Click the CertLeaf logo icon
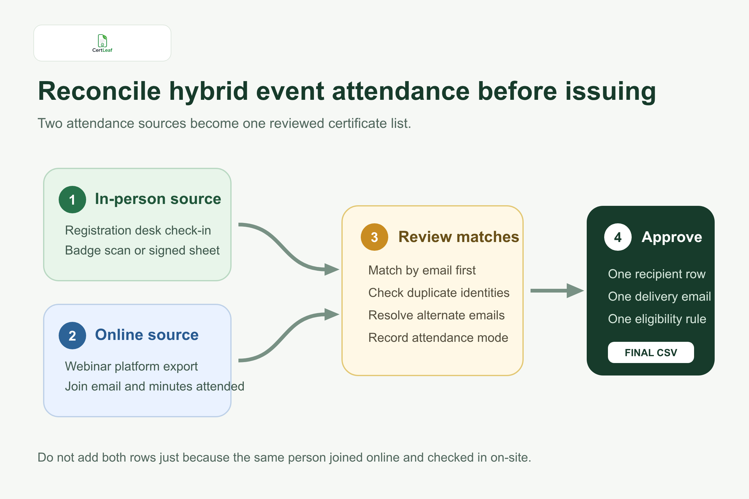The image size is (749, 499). (102, 41)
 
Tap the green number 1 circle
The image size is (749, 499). (72, 200)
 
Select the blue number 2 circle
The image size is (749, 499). (72, 336)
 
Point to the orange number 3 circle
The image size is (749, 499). (374, 237)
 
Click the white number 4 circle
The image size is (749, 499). (618, 237)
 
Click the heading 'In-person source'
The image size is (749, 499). (158, 199)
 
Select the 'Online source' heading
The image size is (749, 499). (147, 335)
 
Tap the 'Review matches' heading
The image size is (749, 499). (458, 237)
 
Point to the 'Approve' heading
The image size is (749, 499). (672, 237)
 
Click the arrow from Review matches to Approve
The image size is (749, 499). (557, 291)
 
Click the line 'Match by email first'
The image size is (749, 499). (422, 270)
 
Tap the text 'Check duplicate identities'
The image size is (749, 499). (439, 293)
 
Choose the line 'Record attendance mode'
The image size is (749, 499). (438, 338)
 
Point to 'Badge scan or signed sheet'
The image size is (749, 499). (142, 250)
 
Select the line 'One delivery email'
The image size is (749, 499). (659, 297)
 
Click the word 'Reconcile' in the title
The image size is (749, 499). (99, 91)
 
